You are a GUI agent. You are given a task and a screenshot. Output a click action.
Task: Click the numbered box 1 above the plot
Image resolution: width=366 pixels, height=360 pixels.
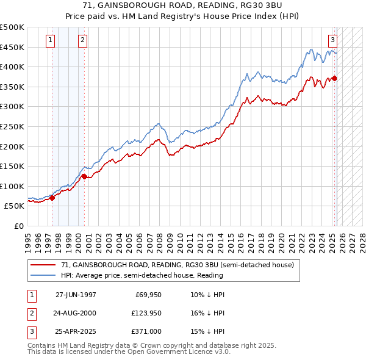[50, 41]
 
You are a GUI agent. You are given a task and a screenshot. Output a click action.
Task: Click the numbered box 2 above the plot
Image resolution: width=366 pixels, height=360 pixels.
[82, 41]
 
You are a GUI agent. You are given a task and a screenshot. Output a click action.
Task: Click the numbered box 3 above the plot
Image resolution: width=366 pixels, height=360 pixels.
[332, 41]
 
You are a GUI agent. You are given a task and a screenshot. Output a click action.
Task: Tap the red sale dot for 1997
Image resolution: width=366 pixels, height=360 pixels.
[52, 198]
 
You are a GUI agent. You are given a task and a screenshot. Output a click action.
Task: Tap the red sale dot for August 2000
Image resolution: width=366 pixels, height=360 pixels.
[84, 176]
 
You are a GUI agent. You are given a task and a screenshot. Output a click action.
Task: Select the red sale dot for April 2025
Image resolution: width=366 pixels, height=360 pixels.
[335, 78]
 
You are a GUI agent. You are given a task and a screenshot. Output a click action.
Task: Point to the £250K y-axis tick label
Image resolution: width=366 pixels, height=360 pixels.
[12, 126]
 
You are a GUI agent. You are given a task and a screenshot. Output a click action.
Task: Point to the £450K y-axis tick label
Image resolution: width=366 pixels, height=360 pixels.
[12, 47]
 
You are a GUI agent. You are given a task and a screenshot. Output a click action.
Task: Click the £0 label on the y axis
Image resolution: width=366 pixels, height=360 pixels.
[20, 226]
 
